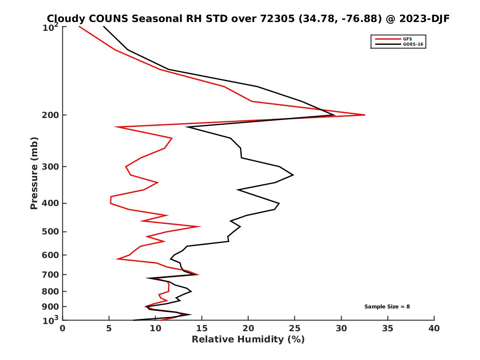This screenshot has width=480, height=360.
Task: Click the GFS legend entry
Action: [408, 39]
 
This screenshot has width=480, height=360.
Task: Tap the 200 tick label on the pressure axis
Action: [51, 115]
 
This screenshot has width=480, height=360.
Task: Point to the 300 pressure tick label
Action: [51, 166]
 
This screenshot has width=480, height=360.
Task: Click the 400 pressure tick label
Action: [51, 203]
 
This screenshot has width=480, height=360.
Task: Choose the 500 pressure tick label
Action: [51, 232]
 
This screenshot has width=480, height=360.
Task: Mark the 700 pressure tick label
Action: [51, 274]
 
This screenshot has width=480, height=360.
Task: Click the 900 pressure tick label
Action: [51, 307]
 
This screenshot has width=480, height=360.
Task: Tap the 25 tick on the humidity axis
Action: [295, 328]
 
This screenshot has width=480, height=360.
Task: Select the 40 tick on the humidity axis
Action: [434, 328]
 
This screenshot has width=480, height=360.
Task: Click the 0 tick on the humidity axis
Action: [63, 328]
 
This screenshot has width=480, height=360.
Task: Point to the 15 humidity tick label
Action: [202, 328]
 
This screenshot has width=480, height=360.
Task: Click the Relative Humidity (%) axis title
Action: [248, 340]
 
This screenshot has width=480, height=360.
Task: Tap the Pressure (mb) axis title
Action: [34, 173]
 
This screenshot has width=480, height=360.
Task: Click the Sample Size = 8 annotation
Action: [387, 307]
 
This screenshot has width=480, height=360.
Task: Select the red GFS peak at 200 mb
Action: [364, 115]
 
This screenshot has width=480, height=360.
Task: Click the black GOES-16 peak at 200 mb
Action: [334, 115]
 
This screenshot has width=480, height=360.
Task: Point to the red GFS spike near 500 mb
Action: [199, 226]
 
